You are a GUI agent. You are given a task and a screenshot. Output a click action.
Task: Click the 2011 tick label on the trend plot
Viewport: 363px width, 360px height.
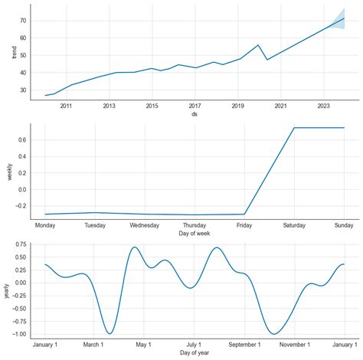point(66,106)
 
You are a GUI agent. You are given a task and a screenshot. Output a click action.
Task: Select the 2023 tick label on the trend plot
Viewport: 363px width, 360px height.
point(324,106)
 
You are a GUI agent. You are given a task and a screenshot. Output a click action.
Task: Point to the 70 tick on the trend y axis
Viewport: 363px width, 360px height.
point(24,20)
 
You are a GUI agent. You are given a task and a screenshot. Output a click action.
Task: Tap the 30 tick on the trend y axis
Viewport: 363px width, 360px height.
point(24,90)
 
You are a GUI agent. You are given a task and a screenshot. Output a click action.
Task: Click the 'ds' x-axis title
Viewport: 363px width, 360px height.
point(195,116)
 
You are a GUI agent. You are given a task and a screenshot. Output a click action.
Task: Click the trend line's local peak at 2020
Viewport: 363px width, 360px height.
point(258,45)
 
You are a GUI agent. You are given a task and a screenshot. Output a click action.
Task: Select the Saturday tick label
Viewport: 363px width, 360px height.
point(294,226)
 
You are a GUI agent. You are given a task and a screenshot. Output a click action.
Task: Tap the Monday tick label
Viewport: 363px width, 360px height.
point(45,226)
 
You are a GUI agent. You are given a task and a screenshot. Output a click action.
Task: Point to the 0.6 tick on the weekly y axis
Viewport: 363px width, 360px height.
point(23,139)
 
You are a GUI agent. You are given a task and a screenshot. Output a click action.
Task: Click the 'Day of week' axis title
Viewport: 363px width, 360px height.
point(195,234)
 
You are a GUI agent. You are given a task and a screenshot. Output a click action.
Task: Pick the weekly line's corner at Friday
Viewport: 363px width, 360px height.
point(244,214)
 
